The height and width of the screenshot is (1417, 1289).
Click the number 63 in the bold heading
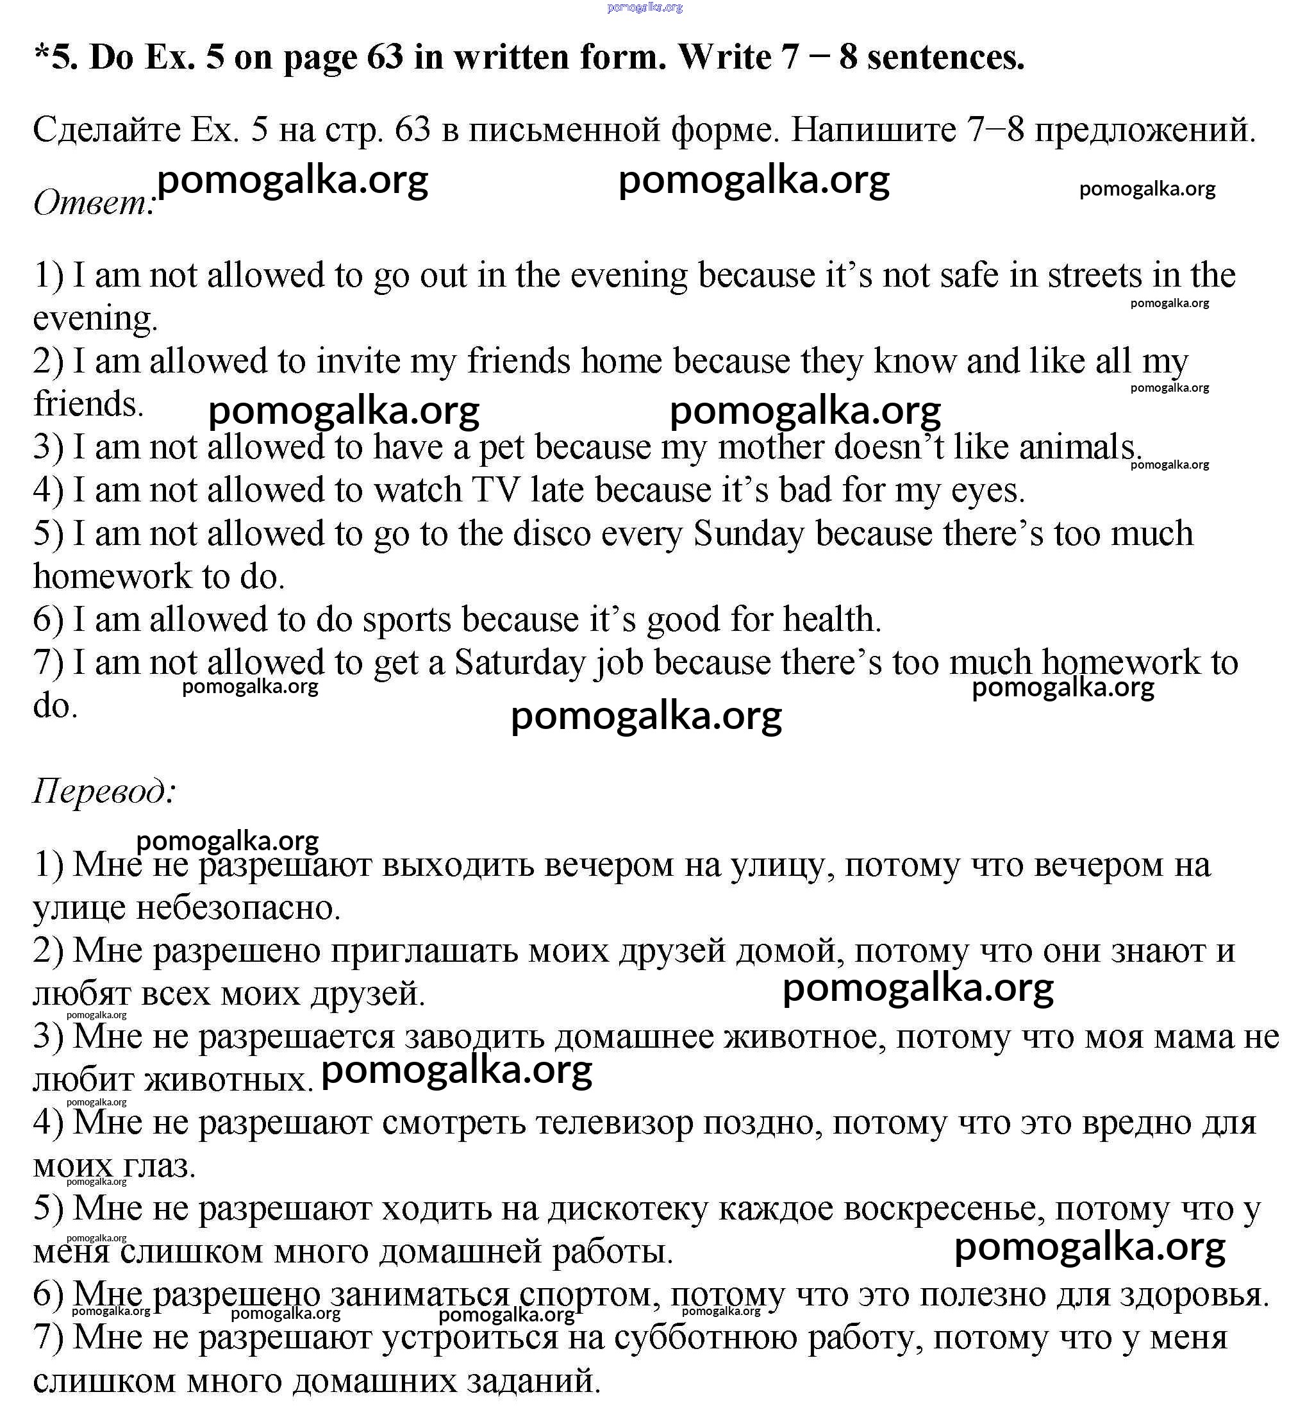[x=385, y=57]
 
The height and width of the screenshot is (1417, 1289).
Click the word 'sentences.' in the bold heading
[x=946, y=57]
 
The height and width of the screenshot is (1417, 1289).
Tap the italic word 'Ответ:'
[x=94, y=204]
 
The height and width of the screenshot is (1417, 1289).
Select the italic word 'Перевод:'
[x=104, y=791]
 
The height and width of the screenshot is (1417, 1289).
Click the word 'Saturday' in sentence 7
[x=519, y=663]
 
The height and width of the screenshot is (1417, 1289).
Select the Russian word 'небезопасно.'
[x=238, y=908]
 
